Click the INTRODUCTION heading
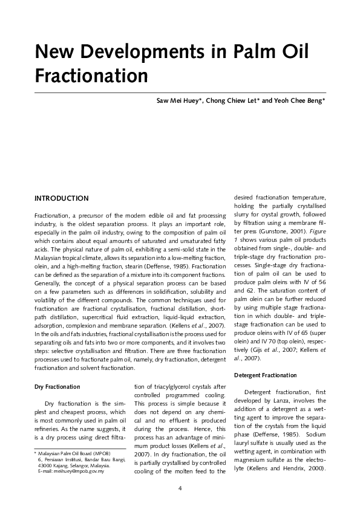[x=62, y=198]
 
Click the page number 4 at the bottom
[x=180, y=488]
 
